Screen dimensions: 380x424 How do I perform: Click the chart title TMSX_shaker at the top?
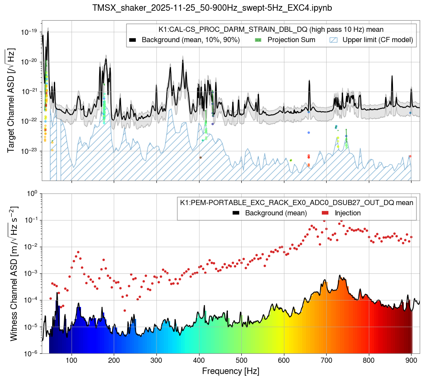[212, 8]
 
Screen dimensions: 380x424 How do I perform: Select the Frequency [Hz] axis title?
[231, 371]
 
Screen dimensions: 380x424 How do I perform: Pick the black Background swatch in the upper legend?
[133, 40]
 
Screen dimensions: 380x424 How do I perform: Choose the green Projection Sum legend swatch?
[259, 40]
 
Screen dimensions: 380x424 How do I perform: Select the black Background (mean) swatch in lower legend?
[236, 213]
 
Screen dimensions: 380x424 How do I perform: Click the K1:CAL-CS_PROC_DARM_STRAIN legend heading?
[271, 29]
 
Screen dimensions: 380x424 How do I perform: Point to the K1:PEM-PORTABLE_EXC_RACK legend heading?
[296, 202]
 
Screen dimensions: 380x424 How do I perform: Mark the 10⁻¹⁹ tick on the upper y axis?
[29, 32]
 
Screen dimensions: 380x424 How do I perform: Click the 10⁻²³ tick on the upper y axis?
[29, 151]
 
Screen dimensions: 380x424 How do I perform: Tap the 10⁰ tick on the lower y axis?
[32, 193]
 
